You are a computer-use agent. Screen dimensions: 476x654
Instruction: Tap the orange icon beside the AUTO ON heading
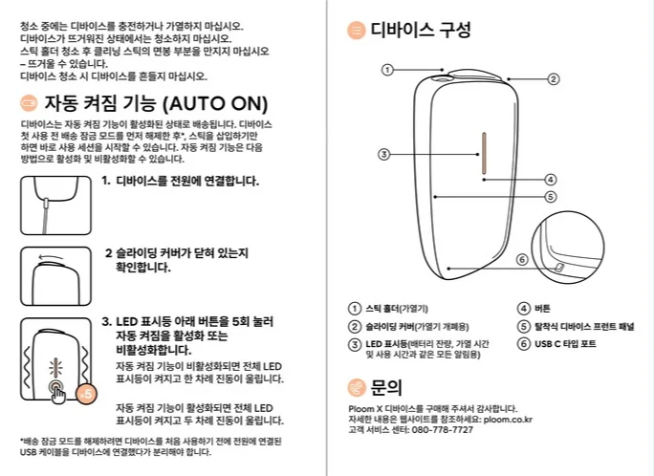[x=29, y=103]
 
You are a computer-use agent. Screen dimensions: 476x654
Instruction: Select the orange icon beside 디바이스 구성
[x=356, y=31]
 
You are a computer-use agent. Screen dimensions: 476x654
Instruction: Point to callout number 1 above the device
[x=387, y=69]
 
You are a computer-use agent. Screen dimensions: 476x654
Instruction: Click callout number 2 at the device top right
[x=553, y=79]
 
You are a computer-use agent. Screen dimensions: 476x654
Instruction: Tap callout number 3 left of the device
[x=382, y=153]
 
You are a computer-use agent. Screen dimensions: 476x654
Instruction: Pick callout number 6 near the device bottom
[x=522, y=259]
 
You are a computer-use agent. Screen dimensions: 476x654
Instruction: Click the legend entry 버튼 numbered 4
[x=541, y=309]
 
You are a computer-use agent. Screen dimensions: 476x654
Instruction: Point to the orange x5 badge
[x=86, y=393]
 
